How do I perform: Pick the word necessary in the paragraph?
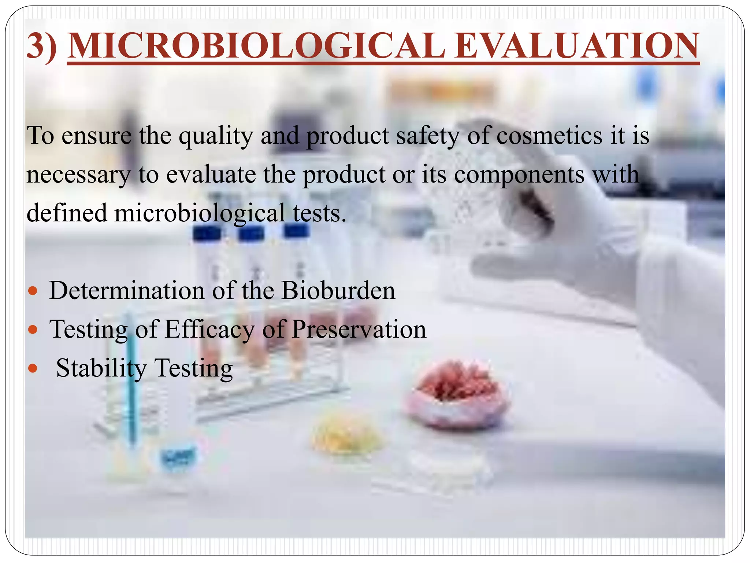click(x=78, y=174)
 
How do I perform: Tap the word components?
click(x=519, y=175)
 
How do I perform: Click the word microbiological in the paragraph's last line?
click(x=200, y=213)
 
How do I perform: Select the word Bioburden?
click(x=338, y=291)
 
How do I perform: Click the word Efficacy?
click(x=209, y=329)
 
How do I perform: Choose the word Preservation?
click(x=359, y=329)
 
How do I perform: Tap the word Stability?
click(x=101, y=368)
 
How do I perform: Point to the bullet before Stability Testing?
click(x=33, y=368)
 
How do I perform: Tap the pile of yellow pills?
click(x=346, y=433)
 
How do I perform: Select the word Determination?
click(x=127, y=291)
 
